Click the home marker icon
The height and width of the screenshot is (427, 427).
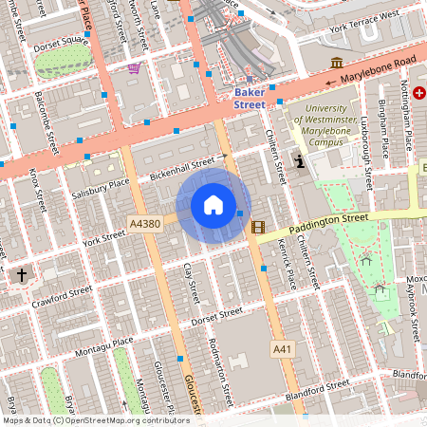click(213, 205)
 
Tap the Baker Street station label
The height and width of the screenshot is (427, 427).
click(250, 98)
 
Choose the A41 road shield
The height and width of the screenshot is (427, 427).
click(281, 349)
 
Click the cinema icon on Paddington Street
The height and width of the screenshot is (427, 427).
click(258, 227)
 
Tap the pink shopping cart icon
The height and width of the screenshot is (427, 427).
click(135, 68)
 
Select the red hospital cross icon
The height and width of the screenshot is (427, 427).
click(418, 93)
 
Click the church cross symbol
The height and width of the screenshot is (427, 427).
click(22, 275)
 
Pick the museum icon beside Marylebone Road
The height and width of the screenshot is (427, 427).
click(337, 63)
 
